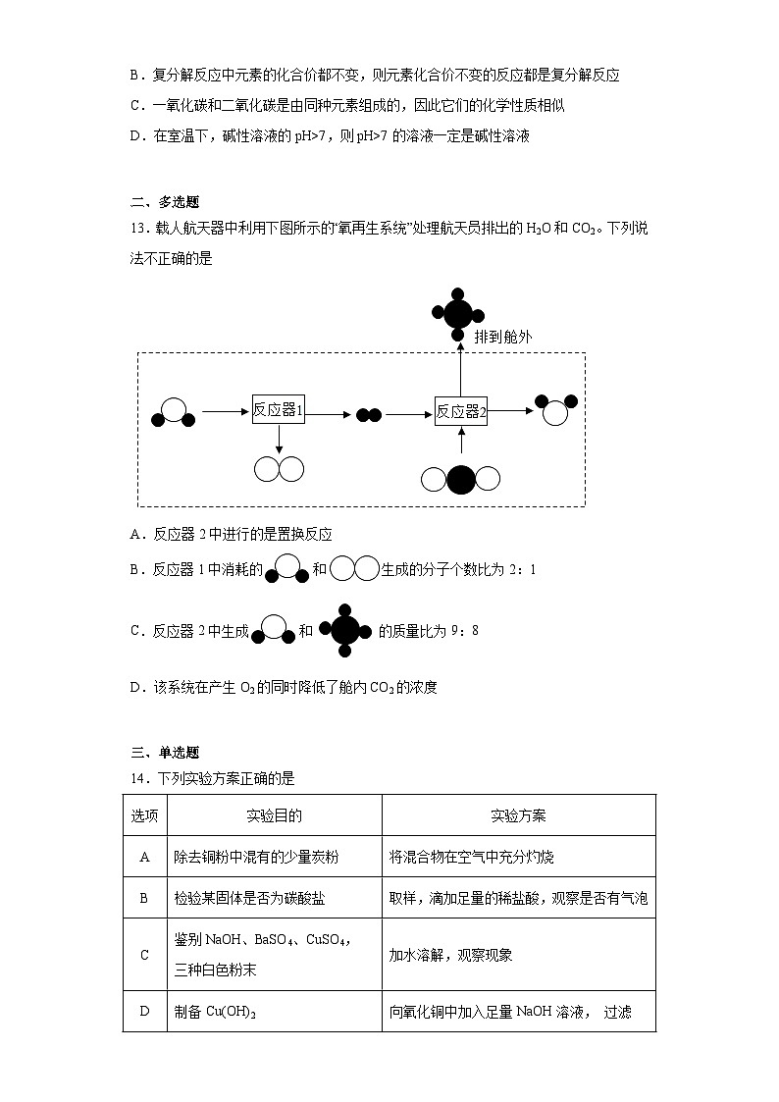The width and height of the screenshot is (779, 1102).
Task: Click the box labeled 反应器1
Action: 279,411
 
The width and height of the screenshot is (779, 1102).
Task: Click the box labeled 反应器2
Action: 461,412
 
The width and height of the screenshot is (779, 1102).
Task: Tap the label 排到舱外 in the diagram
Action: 503,337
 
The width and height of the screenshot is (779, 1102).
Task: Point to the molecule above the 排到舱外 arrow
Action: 457,314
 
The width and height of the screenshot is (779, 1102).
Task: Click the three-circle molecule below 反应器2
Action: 460,479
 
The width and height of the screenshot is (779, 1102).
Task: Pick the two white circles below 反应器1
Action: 279,469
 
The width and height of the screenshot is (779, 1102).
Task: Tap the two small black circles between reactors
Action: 368,415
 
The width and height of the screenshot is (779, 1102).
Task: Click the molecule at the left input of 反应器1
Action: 174,412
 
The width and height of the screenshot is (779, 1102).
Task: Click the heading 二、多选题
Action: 165,203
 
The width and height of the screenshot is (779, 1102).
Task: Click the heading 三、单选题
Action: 165,753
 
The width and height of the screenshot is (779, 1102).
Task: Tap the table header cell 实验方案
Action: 518,815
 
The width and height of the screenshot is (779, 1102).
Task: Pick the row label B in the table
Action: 144,898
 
